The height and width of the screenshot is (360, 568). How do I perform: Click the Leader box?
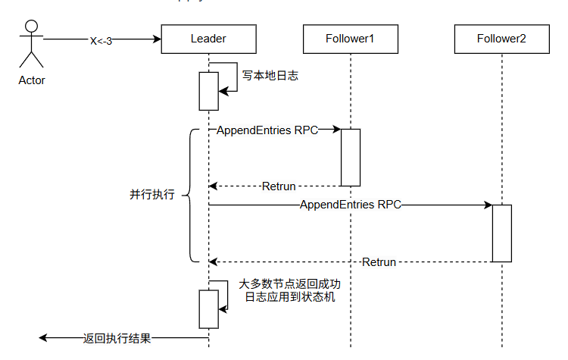pos(208,39)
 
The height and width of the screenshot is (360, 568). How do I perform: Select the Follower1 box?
pos(350,39)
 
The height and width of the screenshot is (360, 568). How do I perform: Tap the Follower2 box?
pos(501,39)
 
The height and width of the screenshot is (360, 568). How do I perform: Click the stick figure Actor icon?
pos(31,44)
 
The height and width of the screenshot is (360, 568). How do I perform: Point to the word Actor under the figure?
pos(32,80)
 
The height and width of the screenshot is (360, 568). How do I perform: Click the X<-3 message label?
pos(101,40)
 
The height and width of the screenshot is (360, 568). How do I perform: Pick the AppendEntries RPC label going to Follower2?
pos(350,205)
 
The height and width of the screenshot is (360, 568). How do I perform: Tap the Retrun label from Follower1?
pos(278,186)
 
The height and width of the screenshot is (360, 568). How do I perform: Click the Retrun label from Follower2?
pos(379,262)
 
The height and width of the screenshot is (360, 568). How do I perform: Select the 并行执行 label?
pos(152,195)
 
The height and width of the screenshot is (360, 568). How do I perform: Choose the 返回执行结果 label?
pos(117,339)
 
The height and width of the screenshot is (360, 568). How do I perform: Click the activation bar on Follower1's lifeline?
pos(350,157)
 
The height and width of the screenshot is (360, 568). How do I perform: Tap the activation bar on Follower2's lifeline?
pos(501,233)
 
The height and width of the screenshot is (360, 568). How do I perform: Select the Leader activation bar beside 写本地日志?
pos(208,91)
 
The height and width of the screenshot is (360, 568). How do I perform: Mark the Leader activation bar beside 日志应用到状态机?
pos(208,308)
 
